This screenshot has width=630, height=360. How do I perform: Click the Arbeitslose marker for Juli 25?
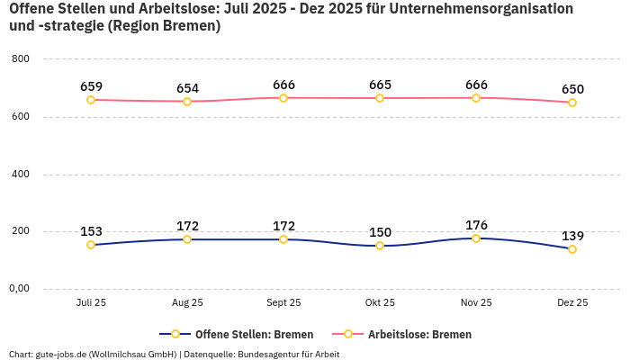click(x=91, y=100)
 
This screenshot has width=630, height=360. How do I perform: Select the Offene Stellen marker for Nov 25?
click(x=476, y=238)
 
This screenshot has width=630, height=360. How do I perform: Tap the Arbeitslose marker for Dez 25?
click(x=572, y=103)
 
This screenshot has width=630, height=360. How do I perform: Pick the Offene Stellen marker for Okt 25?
click(x=380, y=246)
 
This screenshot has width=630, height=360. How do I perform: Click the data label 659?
click(x=91, y=86)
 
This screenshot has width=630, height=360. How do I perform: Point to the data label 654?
click(x=187, y=88)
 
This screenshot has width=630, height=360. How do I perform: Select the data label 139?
click(x=572, y=236)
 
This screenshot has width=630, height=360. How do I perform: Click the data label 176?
click(x=476, y=225)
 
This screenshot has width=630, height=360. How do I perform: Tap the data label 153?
click(x=91, y=231)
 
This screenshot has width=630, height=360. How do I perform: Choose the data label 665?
click(x=380, y=85)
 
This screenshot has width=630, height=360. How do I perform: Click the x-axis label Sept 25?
click(x=283, y=303)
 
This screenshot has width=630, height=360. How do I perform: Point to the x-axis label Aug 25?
click(x=187, y=303)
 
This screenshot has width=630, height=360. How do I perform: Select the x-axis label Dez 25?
click(x=572, y=303)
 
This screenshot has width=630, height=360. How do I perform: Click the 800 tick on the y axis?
click(x=21, y=59)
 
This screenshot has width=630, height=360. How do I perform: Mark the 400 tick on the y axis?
click(x=21, y=174)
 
